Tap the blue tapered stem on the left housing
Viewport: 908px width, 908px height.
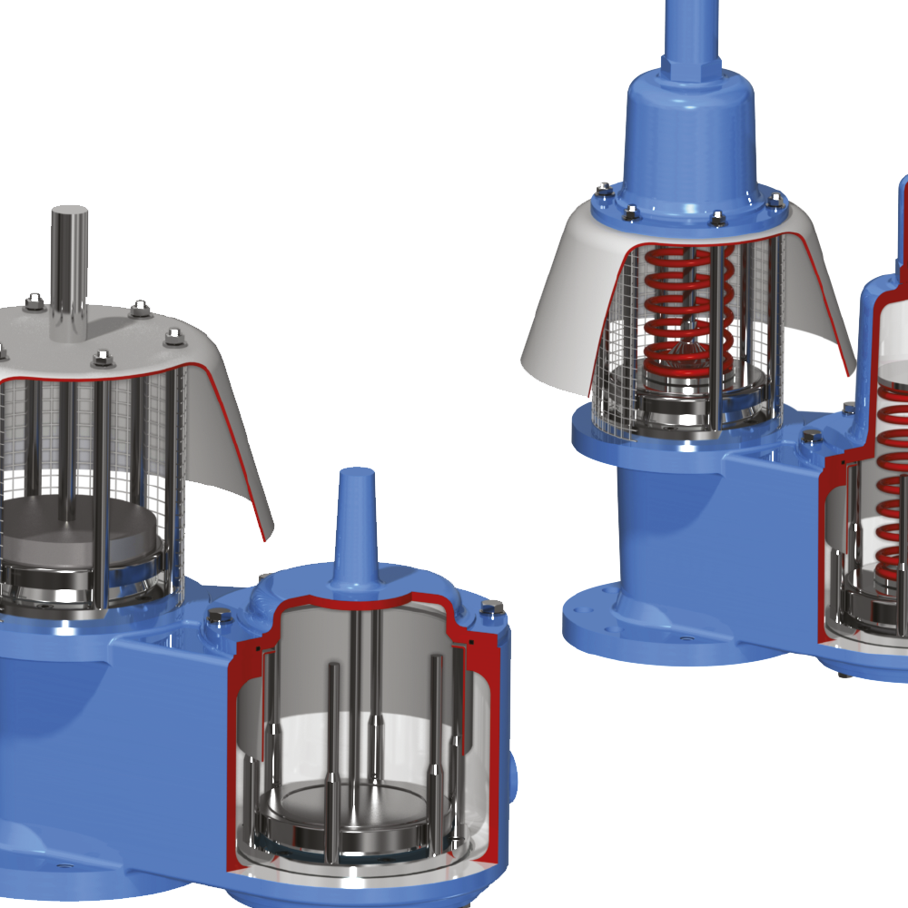[355, 527]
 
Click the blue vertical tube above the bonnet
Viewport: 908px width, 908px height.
[693, 27]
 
